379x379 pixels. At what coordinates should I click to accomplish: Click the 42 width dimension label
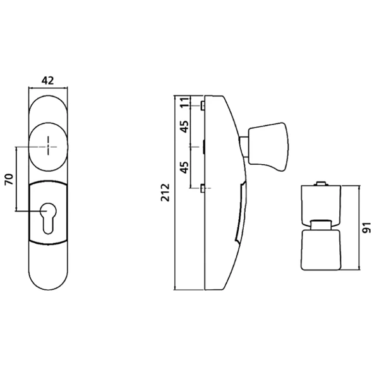(x=47, y=80)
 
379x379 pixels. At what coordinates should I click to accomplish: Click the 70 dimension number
(x=9, y=180)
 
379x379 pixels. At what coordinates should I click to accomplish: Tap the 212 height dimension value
(x=165, y=192)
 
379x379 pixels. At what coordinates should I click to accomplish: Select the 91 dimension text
(x=368, y=227)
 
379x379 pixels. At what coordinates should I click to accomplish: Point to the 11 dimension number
(x=184, y=103)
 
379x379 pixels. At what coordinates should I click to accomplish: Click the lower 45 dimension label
(x=184, y=168)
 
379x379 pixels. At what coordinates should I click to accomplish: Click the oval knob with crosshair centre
(x=48, y=146)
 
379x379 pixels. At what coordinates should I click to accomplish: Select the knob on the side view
(x=267, y=147)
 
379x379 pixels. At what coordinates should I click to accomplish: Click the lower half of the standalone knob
(x=320, y=249)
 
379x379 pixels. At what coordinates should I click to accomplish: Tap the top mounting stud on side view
(x=202, y=105)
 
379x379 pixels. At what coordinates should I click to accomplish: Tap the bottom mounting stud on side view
(x=202, y=188)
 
